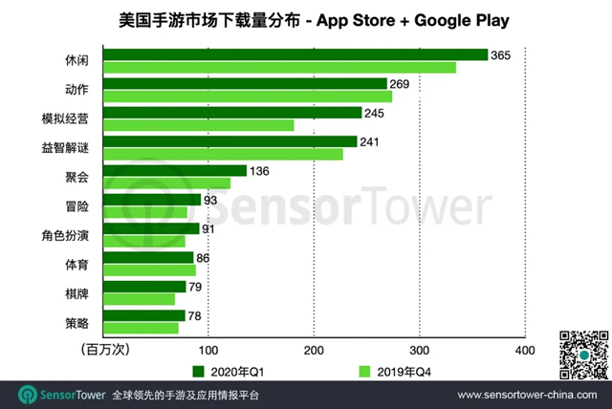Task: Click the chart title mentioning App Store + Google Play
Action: pyautogui.click(x=306, y=18)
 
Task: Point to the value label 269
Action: pyautogui.click(x=400, y=84)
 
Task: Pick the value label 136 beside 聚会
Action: pyautogui.click(x=260, y=171)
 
